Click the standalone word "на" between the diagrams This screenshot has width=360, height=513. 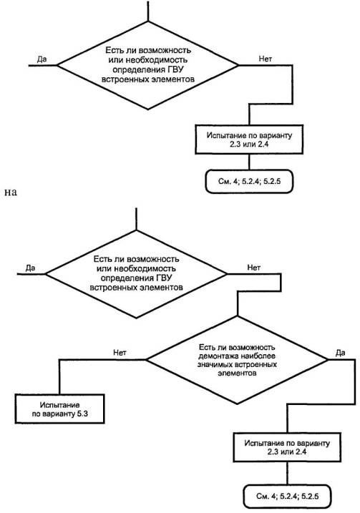point(11,192)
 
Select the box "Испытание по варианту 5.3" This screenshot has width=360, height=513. point(60,409)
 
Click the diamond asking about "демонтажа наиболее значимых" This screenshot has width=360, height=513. point(237,360)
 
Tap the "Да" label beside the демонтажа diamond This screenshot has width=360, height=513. point(341,352)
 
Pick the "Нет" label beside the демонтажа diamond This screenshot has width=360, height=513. point(120,352)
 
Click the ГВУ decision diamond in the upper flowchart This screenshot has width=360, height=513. point(148,65)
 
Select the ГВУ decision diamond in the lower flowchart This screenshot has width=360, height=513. point(136,274)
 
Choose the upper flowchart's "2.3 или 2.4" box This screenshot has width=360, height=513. point(249,139)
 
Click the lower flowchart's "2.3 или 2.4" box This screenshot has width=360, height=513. point(287,447)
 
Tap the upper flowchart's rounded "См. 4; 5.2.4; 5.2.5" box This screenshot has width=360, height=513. point(249,181)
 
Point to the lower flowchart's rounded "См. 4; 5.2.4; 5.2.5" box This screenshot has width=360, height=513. point(287,496)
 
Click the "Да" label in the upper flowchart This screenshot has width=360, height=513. point(42,59)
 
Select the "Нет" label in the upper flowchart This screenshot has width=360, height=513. point(265,59)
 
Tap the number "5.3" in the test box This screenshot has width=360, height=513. point(82,414)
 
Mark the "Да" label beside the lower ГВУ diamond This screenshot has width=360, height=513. point(30,268)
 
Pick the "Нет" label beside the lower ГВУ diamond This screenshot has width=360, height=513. point(253,268)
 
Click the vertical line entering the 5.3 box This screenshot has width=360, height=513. point(59,377)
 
